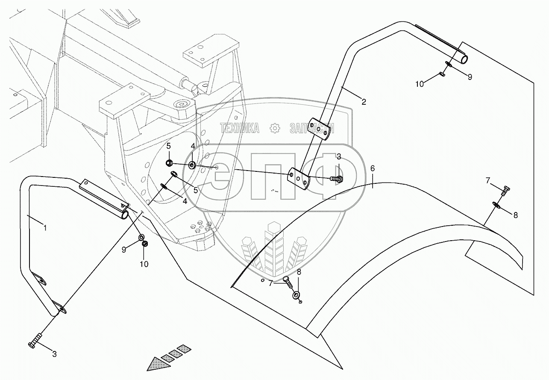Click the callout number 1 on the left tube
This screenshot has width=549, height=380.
click(x=45, y=228)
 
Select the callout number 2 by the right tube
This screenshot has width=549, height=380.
click(x=364, y=102)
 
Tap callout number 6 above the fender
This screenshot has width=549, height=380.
click(x=373, y=169)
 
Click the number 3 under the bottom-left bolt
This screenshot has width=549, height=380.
click(x=54, y=353)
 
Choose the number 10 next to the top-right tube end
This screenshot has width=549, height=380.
click(x=420, y=84)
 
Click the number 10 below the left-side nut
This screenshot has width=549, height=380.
click(x=144, y=264)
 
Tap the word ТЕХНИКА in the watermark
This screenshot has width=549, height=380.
click(x=239, y=127)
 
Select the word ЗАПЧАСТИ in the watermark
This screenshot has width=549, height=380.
click(x=312, y=128)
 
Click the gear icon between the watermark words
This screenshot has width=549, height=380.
click(x=275, y=127)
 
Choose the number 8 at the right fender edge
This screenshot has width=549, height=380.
click(x=515, y=215)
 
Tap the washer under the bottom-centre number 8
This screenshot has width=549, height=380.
click(x=296, y=295)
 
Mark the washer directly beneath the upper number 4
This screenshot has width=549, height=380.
click(x=192, y=165)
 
